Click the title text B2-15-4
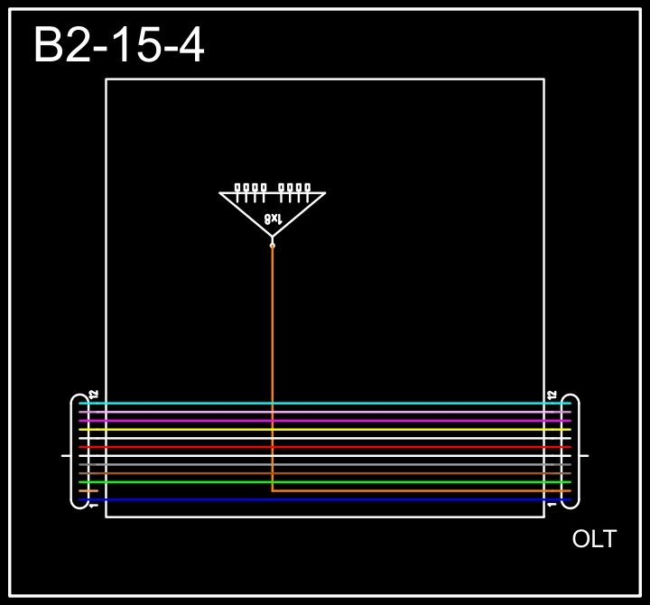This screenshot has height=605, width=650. pos(118,45)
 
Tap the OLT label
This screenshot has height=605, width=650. pos(594,539)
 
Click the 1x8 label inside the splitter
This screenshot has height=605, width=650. pos(274,219)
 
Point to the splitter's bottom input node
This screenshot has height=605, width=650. pos(273,244)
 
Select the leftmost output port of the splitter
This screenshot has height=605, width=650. pos(238,188)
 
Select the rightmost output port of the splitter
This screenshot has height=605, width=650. pos(308,188)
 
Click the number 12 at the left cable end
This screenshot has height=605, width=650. pos(94,396)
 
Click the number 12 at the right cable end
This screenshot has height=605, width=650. pos(552,396)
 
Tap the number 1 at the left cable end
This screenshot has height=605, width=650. pos(94,505)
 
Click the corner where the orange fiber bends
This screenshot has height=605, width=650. pos(273,490)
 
